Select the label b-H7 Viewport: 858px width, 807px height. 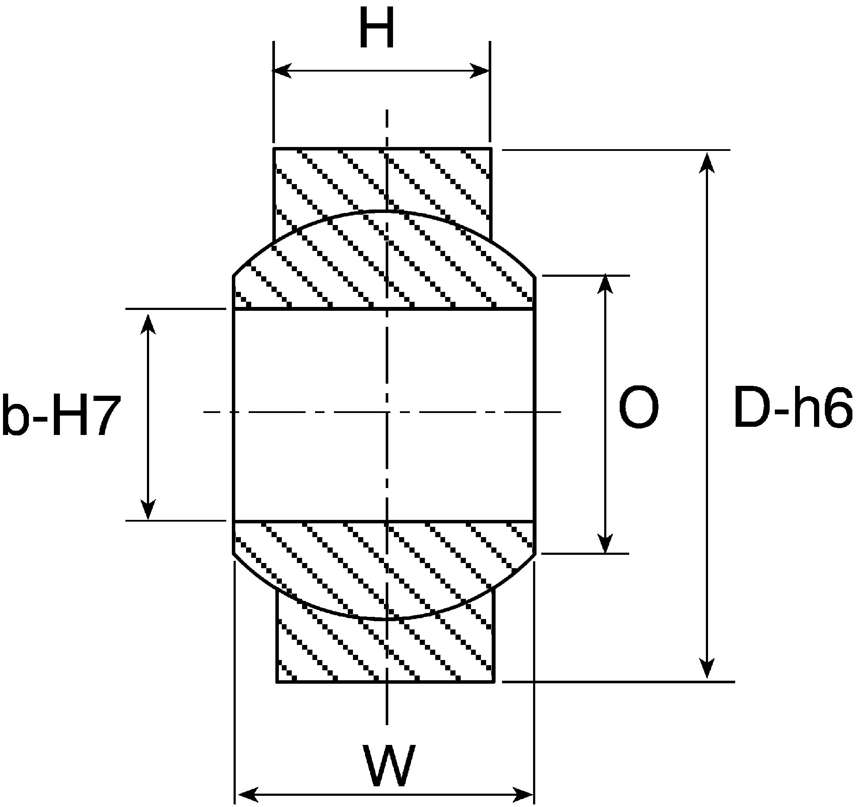[60, 414]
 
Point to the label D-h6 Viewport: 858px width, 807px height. [793, 408]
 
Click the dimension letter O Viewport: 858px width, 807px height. [639, 408]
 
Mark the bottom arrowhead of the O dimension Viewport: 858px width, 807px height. [606, 542]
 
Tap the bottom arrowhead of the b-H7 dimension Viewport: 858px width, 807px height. [149, 510]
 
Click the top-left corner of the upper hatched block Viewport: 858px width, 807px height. [274, 148]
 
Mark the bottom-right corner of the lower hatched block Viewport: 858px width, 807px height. [494, 682]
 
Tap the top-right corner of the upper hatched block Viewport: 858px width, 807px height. [491, 148]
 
